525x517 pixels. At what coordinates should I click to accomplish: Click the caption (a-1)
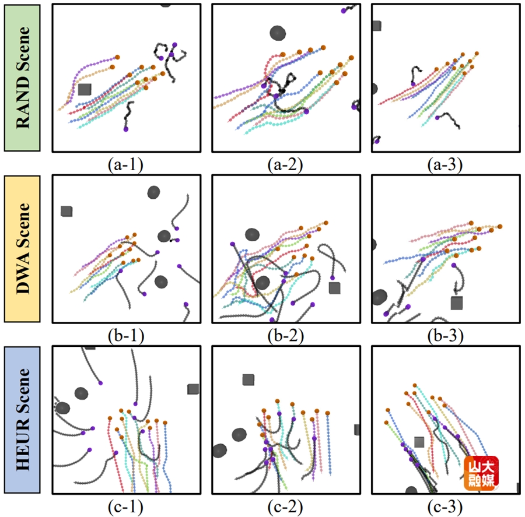point(126,165)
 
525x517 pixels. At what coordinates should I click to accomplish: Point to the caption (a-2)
point(286,165)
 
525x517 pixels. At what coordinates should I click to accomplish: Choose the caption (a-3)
point(445,165)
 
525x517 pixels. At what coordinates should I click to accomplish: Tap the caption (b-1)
point(126,336)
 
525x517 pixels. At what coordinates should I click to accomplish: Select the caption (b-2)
point(286,336)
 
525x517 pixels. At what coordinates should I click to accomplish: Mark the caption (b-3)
point(445,336)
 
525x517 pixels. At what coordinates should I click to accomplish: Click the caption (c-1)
point(126,507)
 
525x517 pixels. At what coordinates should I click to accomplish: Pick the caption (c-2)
point(286,507)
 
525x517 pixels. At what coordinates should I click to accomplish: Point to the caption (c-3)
point(445,507)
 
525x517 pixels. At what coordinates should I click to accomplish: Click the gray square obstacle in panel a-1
point(85,89)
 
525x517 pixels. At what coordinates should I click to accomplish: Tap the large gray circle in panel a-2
point(278,33)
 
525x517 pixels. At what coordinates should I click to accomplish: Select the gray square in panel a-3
point(377,26)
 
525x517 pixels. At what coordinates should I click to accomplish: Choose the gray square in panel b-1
point(66,211)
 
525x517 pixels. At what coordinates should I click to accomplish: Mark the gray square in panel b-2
point(334,288)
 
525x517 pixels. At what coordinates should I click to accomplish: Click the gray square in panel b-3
point(457,303)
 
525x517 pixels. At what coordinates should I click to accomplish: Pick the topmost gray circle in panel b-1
point(153,192)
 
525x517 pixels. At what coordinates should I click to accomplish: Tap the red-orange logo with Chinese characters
point(481,473)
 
